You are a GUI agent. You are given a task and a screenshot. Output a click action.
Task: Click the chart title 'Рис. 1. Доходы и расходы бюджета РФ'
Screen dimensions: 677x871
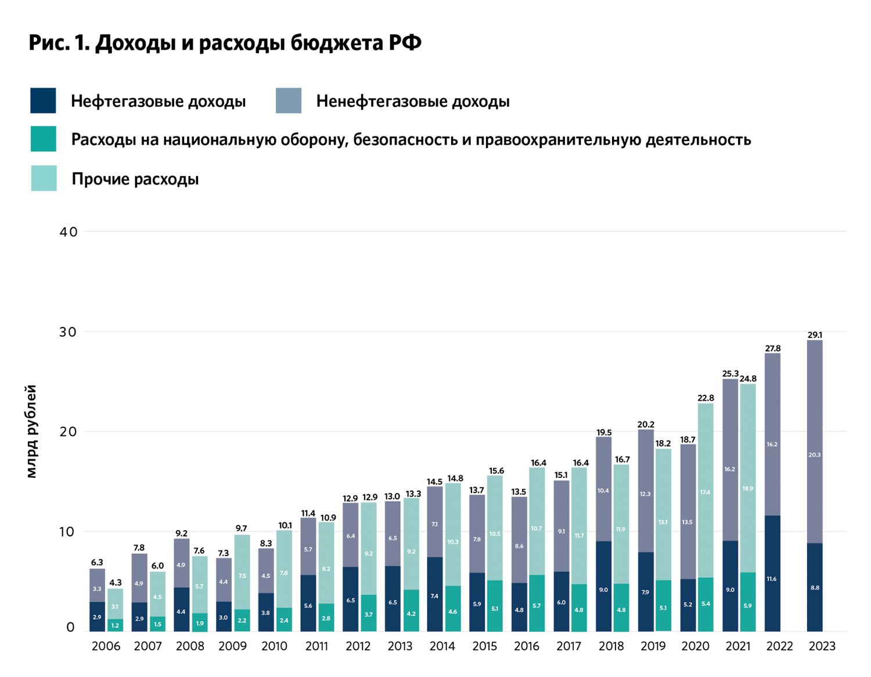[225, 43]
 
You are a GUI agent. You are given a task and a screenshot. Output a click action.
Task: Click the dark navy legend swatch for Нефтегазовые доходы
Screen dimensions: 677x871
[43, 100]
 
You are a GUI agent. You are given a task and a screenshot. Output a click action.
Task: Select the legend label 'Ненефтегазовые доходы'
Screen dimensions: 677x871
[412, 102]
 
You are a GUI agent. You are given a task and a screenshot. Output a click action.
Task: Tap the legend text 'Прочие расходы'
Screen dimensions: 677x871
[135, 179]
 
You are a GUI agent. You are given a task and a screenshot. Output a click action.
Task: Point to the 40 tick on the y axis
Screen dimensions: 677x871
[69, 232]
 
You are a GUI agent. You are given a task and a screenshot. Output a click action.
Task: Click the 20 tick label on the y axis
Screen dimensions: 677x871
[69, 431]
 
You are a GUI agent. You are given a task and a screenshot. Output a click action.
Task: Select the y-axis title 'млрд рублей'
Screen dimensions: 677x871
[32, 431]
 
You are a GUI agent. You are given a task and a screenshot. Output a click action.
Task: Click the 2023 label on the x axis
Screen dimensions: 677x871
[822, 646]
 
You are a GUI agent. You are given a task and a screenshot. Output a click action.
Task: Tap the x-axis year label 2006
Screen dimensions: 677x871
[106, 646]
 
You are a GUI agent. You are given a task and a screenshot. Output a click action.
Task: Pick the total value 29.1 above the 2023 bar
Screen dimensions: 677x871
[815, 335]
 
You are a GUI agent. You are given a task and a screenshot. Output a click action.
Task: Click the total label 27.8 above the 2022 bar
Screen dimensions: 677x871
[772, 348]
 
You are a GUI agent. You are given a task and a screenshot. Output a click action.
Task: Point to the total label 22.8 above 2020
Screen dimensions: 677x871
[706, 398]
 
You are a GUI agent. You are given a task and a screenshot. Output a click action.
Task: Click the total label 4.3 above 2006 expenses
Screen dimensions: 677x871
[116, 582]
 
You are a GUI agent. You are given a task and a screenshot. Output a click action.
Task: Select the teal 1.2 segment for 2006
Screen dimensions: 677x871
[115, 625]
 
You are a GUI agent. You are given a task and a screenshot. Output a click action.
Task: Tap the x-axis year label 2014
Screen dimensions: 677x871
[442, 646]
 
